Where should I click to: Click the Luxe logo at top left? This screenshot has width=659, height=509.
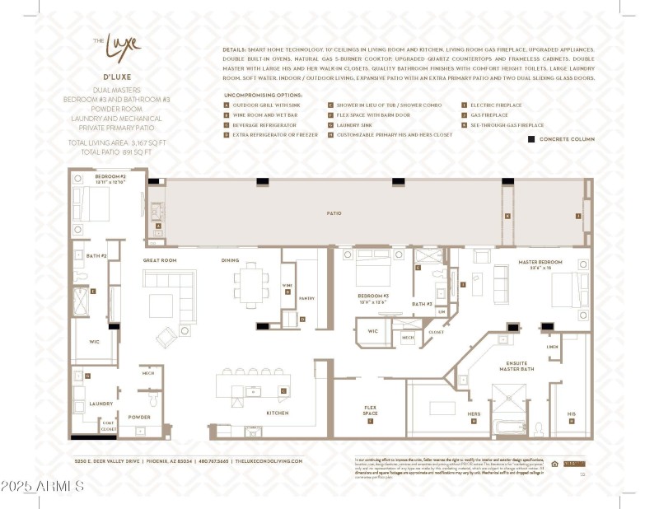click(117, 43)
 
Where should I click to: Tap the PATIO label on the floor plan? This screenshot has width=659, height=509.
click(334, 213)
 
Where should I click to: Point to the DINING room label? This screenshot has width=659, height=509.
click(231, 260)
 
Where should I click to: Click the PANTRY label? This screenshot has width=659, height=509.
click(306, 299)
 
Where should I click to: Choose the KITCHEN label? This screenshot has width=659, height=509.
click(278, 413)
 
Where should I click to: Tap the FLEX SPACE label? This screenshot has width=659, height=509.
click(371, 409)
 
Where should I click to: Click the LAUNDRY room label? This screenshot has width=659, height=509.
click(101, 404)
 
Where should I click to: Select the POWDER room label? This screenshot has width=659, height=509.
click(139, 417)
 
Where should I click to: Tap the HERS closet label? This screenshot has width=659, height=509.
click(474, 413)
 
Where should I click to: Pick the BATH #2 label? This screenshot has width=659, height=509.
click(97, 256)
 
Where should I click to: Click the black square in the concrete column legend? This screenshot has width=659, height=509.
click(531, 139)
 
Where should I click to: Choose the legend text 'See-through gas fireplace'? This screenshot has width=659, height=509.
click(507, 125)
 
